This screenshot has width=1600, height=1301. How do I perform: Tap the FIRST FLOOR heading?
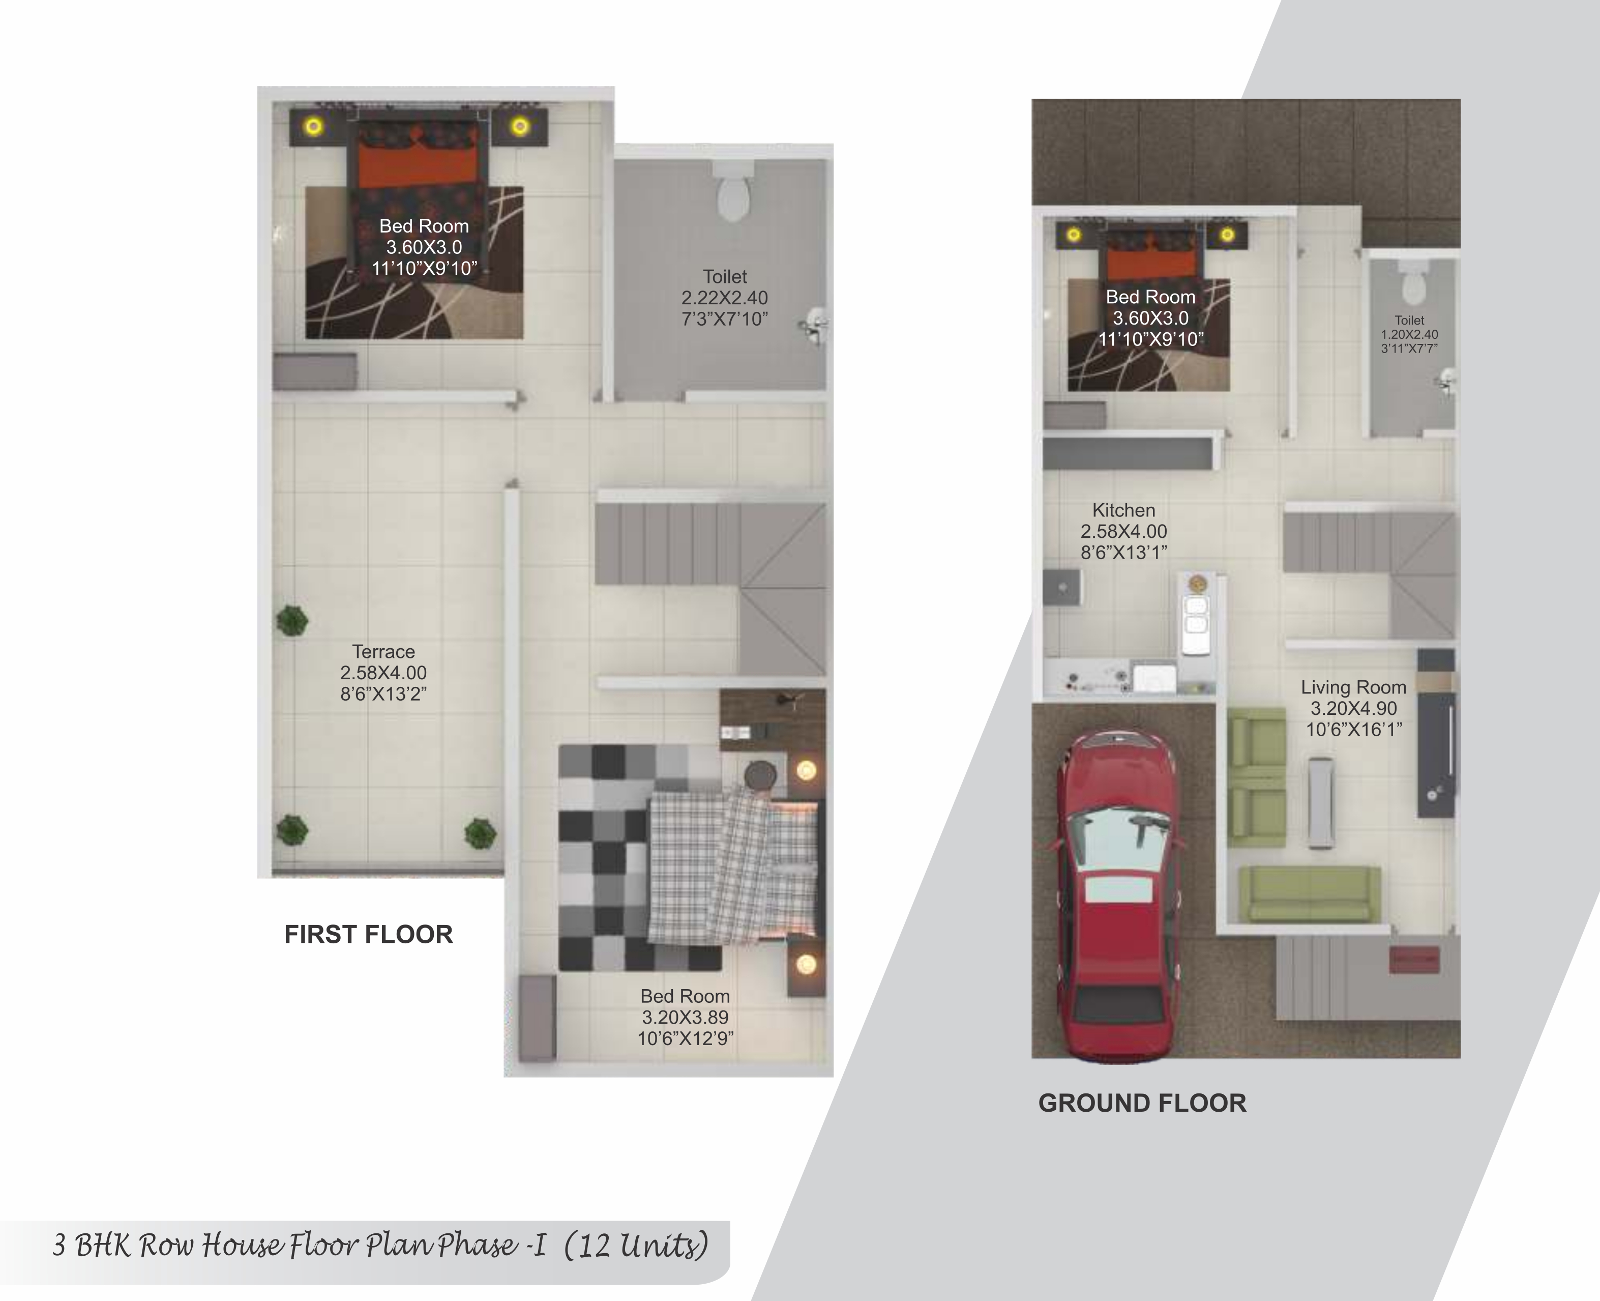(x=369, y=935)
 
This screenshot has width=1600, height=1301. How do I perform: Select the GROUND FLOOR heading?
(x=1142, y=1103)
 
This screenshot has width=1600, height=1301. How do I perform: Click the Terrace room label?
(x=383, y=651)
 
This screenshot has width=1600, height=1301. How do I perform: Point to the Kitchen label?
(x=1123, y=510)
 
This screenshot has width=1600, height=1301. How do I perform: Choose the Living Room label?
(x=1353, y=687)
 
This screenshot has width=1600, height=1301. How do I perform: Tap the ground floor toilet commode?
(x=1413, y=283)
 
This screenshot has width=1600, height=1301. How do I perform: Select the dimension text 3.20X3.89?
(x=685, y=1017)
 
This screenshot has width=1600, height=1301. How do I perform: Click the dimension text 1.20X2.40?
(x=1410, y=334)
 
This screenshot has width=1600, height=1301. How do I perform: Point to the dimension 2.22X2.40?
(x=724, y=298)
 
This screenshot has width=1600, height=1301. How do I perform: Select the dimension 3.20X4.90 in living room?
(x=1353, y=708)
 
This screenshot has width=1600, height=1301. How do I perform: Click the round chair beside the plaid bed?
(x=761, y=775)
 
